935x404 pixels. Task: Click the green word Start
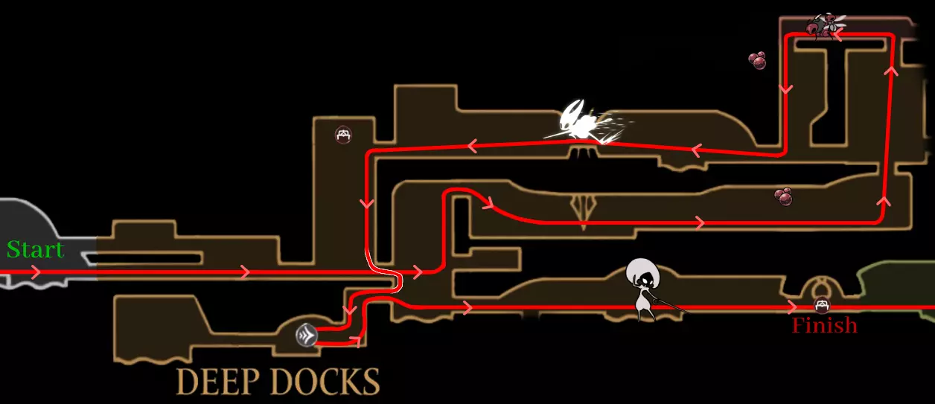[x=36, y=249]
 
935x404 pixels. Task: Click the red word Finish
[x=824, y=325]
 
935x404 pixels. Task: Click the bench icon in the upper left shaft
[x=343, y=135]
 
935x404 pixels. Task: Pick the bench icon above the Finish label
[x=821, y=305]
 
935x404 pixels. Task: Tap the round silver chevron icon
[x=307, y=335]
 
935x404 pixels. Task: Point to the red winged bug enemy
[x=824, y=25]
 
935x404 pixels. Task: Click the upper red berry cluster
[x=757, y=60]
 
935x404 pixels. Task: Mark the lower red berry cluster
[x=783, y=196]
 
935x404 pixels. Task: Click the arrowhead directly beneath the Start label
[x=36, y=272]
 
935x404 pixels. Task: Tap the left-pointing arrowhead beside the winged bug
[x=837, y=35]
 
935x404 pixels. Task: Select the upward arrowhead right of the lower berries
[x=884, y=202]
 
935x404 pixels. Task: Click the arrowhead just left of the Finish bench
[x=792, y=307]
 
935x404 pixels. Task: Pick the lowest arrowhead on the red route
[x=356, y=342]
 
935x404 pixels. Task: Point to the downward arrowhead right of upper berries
[x=786, y=89]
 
